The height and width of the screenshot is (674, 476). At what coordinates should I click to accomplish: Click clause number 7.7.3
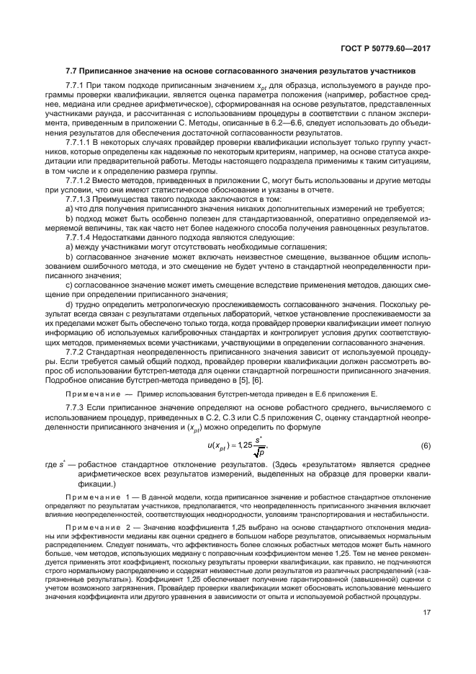coord(76,408)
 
